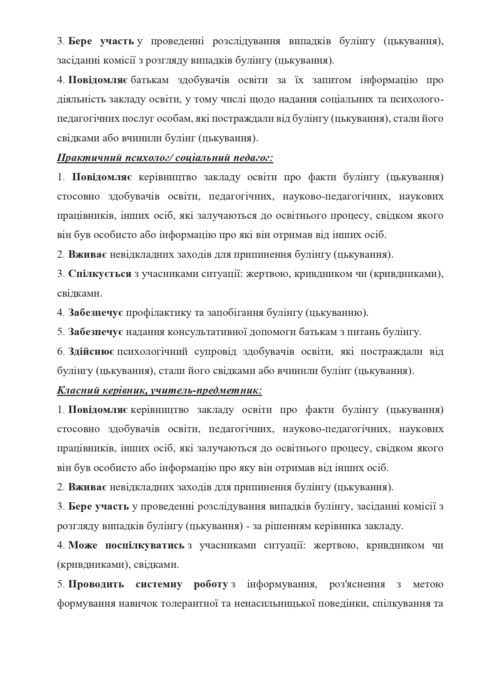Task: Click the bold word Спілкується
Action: point(100,274)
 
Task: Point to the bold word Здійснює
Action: point(91,352)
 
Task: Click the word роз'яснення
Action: point(357,584)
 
